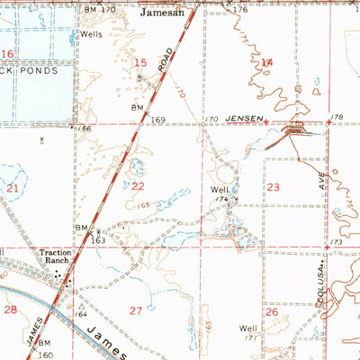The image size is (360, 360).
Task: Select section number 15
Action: (x=140, y=62)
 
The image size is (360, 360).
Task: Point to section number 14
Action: (x=266, y=62)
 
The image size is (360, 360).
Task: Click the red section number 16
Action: (x=7, y=55)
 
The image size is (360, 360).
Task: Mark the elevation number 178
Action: (x=337, y=118)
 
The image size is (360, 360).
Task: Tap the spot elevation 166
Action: (x=84, y=130)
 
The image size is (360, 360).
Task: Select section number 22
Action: (x=138, y=186)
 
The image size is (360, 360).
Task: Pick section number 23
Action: (x=273, y=187)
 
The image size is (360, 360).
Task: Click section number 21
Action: (x=13, y=189)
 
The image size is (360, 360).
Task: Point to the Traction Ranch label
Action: (x=55, y=258)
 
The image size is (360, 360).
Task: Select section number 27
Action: (x=136, y=310)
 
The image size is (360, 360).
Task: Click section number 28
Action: (x=11, y=309)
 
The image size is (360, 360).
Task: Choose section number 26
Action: (x=271, y=311)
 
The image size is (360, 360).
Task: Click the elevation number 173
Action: (x=337, y=243)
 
